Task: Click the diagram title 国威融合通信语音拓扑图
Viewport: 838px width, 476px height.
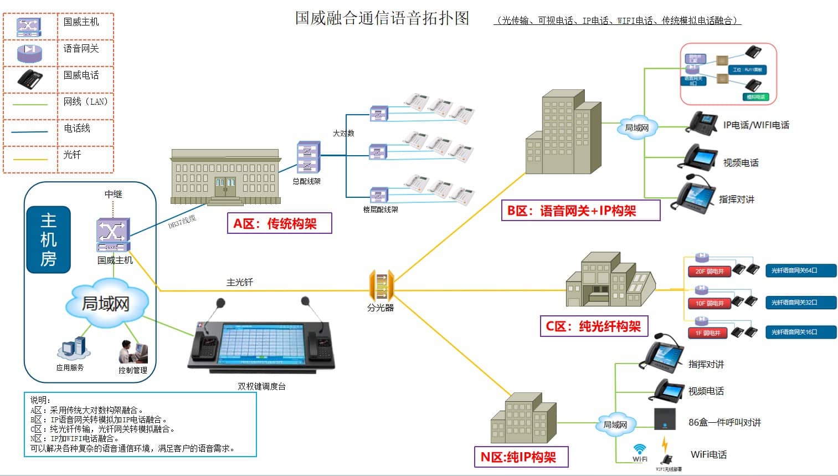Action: coord(382,18)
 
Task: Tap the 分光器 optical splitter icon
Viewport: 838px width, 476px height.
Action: coord(381,285)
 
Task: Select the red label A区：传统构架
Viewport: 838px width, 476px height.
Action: coord(279,223)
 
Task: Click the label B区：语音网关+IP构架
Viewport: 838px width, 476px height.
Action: coord(580,211)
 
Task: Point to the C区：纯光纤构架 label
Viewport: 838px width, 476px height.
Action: coord(593,326)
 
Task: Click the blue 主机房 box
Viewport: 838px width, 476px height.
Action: coord(49,240)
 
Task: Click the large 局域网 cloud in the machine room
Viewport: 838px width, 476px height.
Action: coord(106,303)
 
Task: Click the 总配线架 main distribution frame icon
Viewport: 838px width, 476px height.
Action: coord(308,157)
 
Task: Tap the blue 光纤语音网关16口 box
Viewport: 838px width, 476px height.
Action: coord(800,332)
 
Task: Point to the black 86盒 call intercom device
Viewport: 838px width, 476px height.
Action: coord(665,419)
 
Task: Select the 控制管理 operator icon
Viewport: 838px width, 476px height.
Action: coord(133,351)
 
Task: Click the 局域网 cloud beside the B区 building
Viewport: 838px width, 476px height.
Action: coord(636,127)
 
